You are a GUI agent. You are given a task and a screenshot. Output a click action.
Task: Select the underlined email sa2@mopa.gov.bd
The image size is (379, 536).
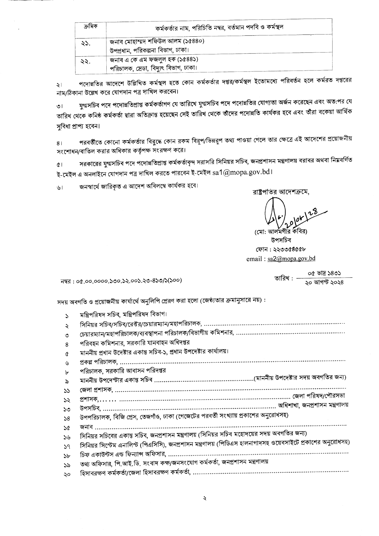click(291, 258)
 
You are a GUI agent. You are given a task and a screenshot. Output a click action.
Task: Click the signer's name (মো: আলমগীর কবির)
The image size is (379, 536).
click(280, 231)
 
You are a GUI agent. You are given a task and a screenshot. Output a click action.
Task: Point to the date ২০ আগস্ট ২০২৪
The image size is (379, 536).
click(324, 283)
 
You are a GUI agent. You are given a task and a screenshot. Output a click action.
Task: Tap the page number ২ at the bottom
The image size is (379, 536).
click(205, 498)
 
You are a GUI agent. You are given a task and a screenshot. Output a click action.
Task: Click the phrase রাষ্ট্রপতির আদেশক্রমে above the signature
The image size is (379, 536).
click(280, 192)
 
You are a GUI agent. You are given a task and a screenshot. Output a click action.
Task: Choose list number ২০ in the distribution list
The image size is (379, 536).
click(67, 474)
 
